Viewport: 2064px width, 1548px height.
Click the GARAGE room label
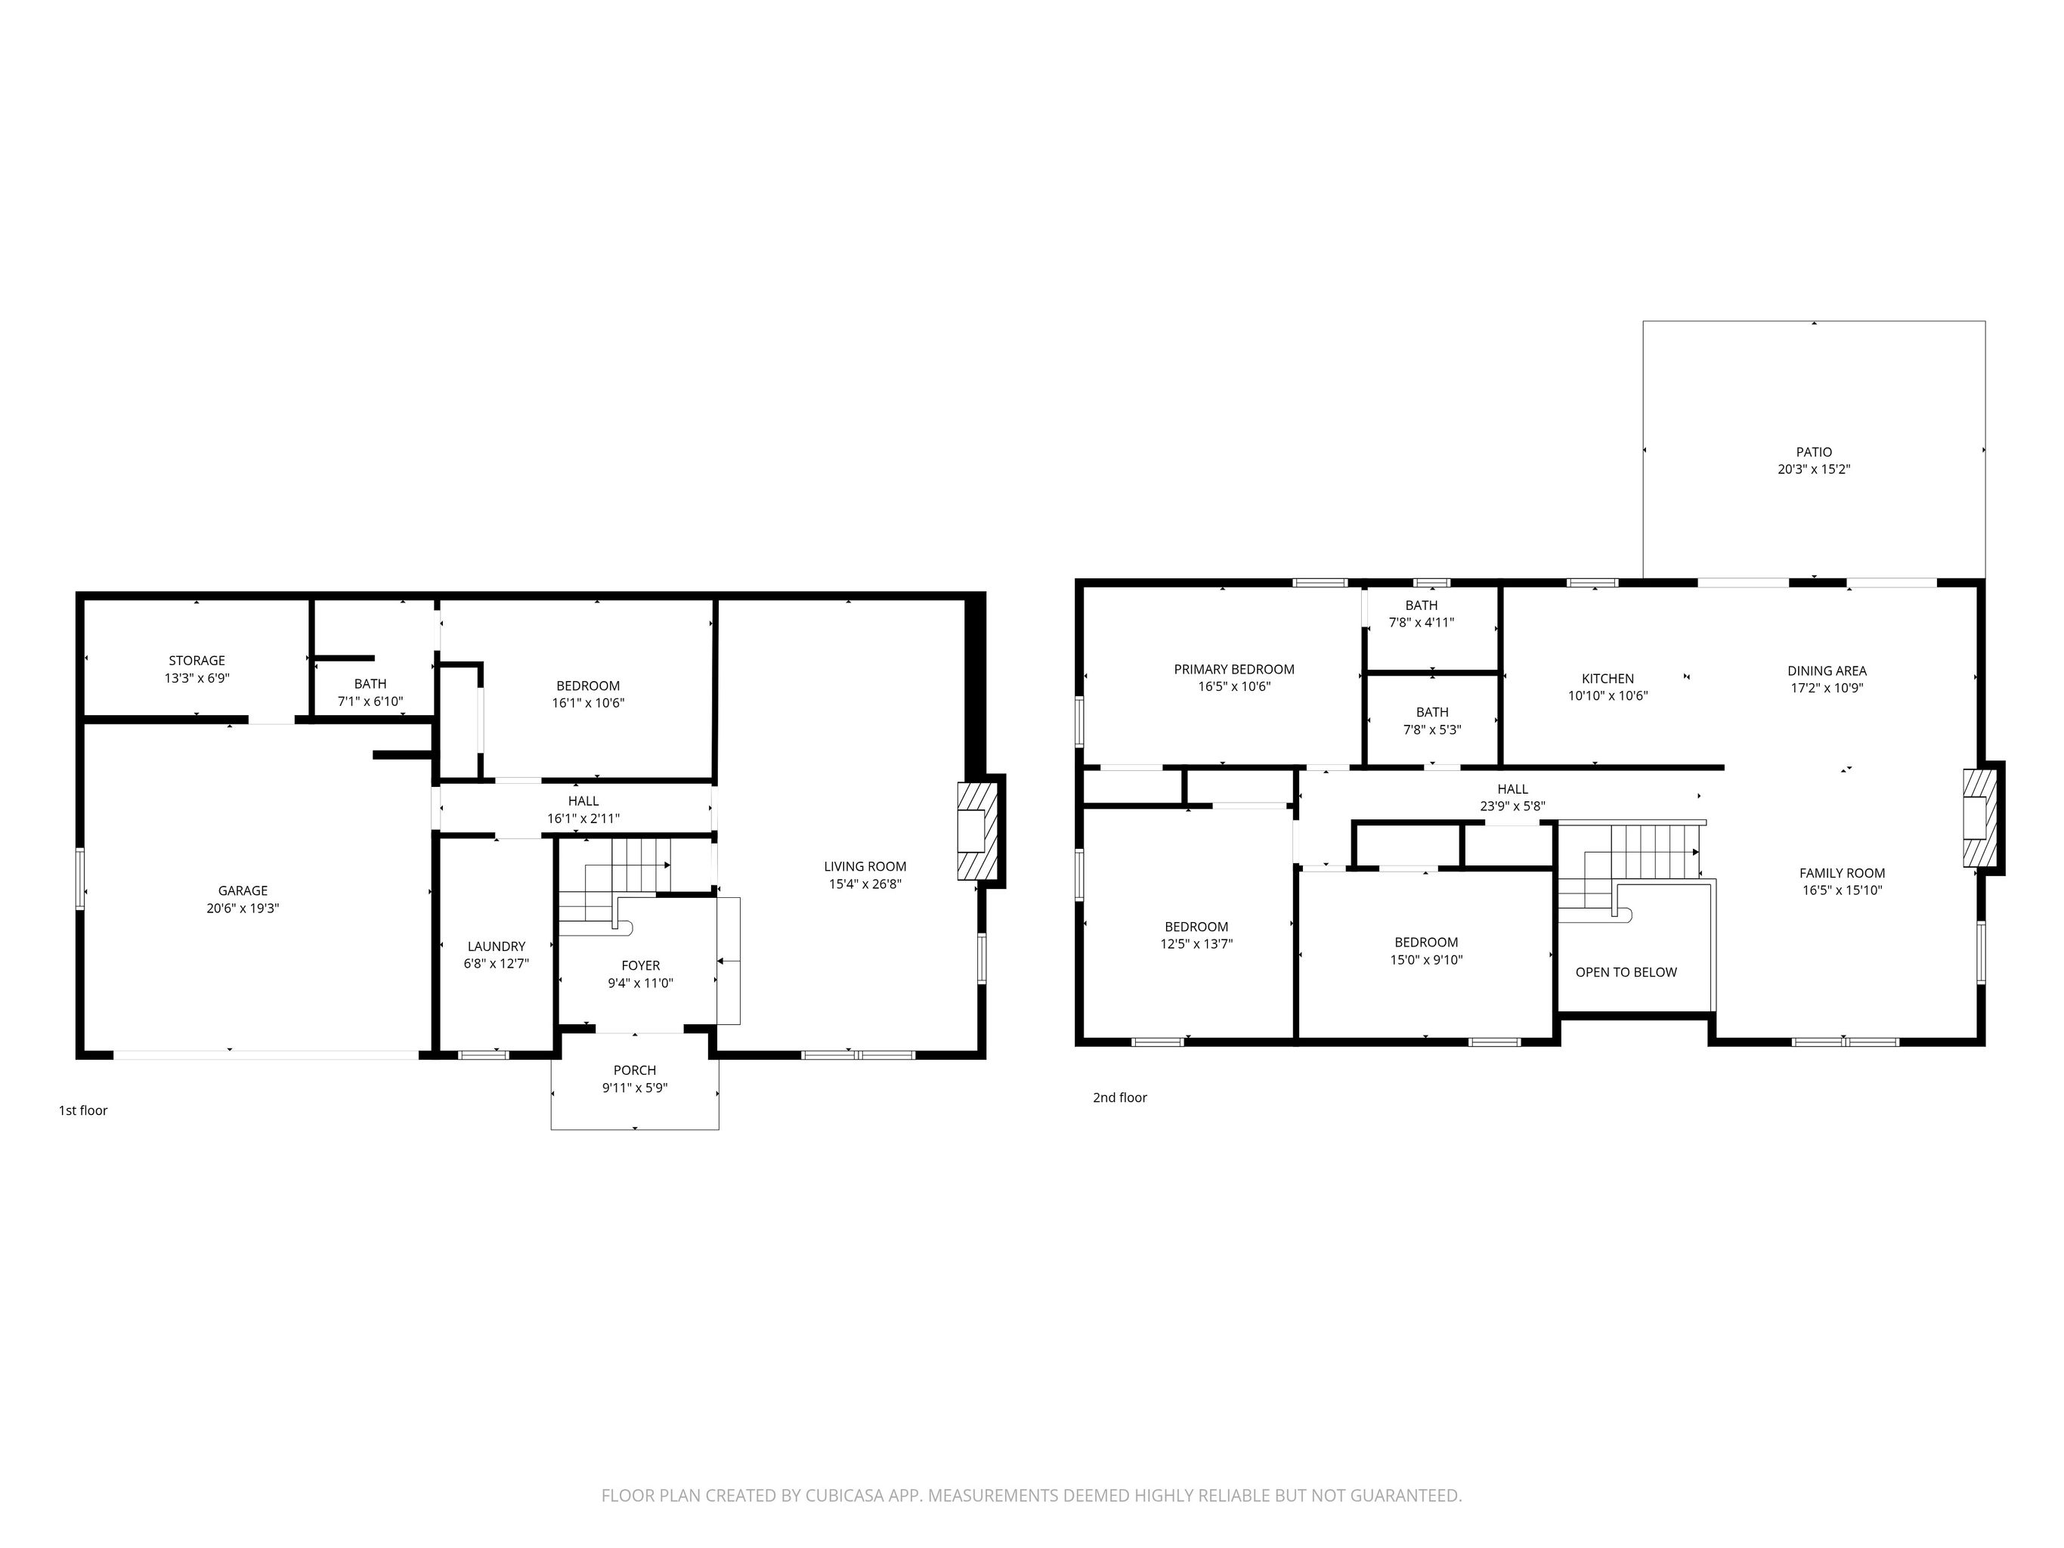243,890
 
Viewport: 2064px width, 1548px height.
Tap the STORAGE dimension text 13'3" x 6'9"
197,678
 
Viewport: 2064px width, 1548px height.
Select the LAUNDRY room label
497,946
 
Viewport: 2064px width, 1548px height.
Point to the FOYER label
640,966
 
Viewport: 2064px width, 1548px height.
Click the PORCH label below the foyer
635,1070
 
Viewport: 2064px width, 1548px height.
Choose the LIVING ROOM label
865,866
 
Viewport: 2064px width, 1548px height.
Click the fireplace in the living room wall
978,831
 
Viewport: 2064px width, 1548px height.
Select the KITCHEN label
1608,678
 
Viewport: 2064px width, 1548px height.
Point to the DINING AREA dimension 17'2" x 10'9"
1827,688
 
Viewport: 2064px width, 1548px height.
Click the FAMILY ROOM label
1842,873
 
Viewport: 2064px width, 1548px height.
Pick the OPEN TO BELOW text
1626,972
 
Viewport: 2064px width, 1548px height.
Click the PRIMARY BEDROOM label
1233,669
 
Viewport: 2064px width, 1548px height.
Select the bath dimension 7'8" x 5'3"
1432,729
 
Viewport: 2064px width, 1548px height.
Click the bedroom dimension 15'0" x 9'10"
1426,959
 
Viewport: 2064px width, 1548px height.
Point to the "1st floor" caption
83,1110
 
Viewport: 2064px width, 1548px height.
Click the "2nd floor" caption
1120,1098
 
